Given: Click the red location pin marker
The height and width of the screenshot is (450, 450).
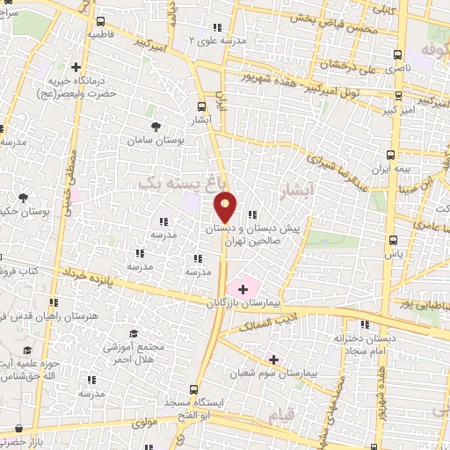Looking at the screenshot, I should click(226, 208).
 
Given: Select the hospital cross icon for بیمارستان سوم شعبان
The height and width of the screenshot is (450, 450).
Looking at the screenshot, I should click(273, 359).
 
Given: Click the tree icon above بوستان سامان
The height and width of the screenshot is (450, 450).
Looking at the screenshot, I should click(156, 127).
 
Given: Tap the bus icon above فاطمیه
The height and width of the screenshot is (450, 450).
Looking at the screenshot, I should click(99, 21).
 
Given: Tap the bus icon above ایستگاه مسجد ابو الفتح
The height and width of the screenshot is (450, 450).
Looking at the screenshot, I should click(194, 389).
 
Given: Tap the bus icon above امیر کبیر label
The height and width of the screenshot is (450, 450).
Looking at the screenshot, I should click(402, 97).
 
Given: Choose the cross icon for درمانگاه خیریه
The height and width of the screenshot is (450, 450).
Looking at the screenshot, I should click(77, 66).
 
